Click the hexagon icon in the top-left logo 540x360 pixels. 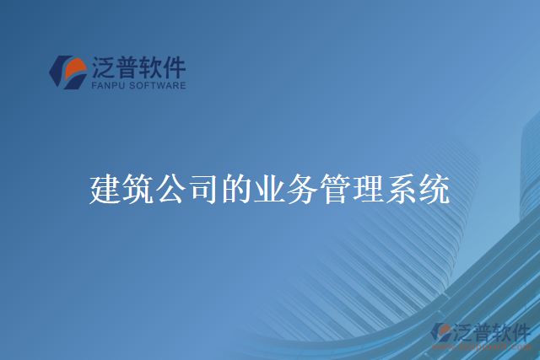(67, 71)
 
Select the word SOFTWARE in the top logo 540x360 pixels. (159, 85)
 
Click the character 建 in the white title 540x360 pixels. (105, 190)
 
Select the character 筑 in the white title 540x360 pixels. (138, 190)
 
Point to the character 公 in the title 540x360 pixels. (171, 190)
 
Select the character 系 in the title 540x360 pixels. (402, 190)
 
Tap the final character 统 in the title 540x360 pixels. (435, 190)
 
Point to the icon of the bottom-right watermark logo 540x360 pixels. (442, 334)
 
